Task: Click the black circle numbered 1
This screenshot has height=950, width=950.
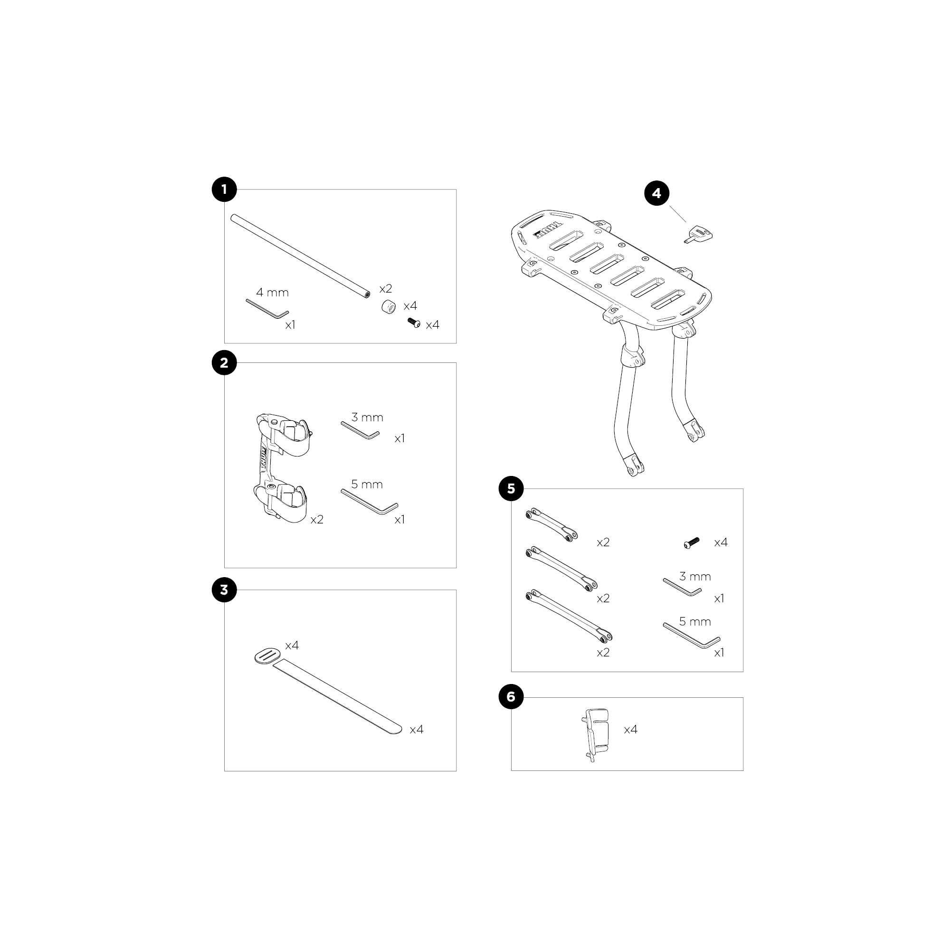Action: (x=224, y=190)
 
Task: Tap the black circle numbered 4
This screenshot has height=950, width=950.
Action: (x=657, y=193)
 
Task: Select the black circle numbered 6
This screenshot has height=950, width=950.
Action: (x=511, y=697)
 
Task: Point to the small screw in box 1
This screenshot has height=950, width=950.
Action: (x=414, y=323)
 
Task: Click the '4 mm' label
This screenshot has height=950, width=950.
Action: (x=272, y=293)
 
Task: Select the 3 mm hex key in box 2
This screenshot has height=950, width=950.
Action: (x=361, y=430)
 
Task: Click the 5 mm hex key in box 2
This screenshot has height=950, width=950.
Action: (x=370, y=502)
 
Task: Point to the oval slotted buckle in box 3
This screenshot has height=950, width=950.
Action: (x=268, y=656)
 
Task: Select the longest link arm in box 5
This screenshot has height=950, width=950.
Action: (x=569, y=616)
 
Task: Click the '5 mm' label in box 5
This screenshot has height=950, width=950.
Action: (x=695, y=621)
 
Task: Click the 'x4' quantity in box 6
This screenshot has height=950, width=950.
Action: (x=630, y=729)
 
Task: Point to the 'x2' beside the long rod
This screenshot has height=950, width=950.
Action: (x=386, y=289)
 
